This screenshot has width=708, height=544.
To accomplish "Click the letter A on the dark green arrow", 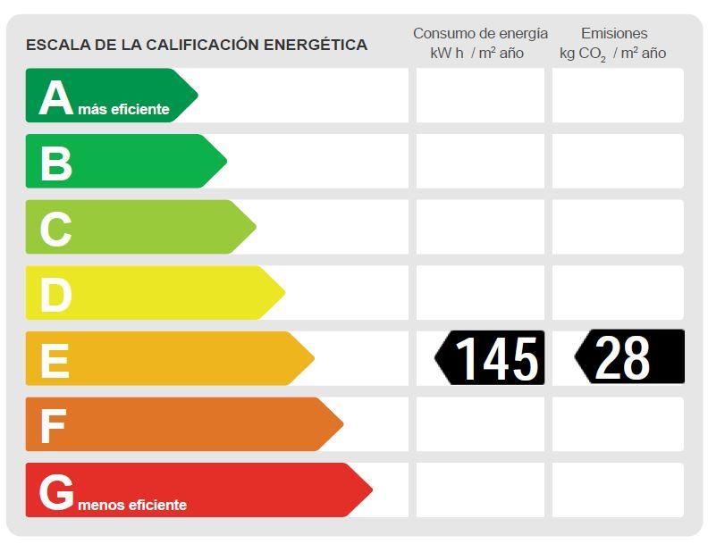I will click(55, 97).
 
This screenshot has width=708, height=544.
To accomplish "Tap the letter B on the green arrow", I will click(55, 163).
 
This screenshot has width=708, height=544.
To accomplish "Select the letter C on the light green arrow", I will click(55, 229).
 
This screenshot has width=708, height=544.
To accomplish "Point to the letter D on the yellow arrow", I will click(55, 295).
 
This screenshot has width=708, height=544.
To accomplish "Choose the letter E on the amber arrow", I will click(55, 361).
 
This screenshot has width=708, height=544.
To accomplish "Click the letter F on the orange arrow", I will click(53, 426).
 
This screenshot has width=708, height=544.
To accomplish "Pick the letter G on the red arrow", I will click(56, 492).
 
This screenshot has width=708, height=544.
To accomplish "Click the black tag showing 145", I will click(491, 358).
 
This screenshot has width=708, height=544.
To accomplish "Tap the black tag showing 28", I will click(629, 357).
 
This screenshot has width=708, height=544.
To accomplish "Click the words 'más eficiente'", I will click(123, 110).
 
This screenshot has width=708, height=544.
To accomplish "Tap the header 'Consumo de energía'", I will click(480, 33).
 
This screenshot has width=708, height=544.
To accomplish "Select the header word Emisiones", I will click(613, 33).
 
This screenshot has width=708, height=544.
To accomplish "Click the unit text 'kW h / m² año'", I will click(476, 54).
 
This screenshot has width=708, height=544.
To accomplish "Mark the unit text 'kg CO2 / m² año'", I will click(612, 54).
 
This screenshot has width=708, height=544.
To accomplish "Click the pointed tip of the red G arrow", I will click(370, 490).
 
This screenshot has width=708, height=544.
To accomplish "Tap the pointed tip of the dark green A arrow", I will click(196, 95).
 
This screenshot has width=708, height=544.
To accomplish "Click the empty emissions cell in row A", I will click(618, 96).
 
